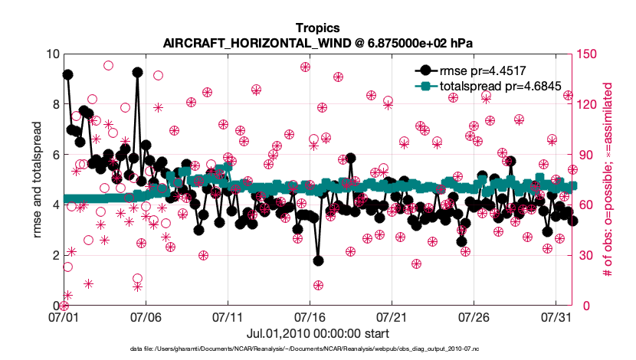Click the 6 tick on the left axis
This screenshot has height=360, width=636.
click(x=55, y=155)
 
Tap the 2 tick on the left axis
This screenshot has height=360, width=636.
click(x=55, y=255)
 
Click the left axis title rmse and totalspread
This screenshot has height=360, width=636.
click(x=36, y=180)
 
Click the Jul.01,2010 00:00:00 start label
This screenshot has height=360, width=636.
click(x=317, y=334)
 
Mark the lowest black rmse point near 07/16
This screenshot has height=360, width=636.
click(x=318, y=261)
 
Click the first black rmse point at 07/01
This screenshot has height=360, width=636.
click(x=67, y=74)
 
